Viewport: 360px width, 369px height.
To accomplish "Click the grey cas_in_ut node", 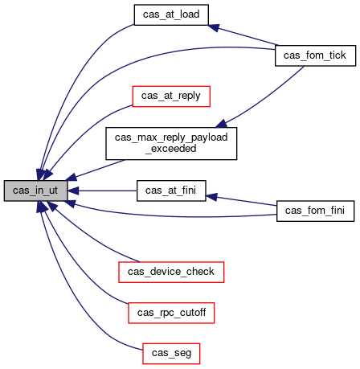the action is (x=35, y=191).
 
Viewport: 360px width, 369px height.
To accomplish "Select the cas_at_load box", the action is (x=171, y=14).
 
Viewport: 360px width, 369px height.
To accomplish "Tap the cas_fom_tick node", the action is (x=315, y=55).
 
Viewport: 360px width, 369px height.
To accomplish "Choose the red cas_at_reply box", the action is (x=171, y=96).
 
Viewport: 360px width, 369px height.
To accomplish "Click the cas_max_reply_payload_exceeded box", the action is (x=171, y=144).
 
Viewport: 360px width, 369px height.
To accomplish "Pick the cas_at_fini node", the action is (x=171, y=191).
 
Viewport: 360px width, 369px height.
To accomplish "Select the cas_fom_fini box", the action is (x=315, y=211).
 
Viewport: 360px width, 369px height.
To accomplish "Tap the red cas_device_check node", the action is (x=171, y=272).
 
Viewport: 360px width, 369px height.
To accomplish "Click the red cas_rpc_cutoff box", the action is (x=171, y=313).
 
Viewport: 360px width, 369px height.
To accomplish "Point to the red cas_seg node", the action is (x=171, y=354).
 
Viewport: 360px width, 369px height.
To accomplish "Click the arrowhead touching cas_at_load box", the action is (x=214, y=27).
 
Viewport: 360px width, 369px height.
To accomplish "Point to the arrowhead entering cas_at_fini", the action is (x=211, y=197).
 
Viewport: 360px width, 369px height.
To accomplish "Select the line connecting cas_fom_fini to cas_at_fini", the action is (x=241, y=201).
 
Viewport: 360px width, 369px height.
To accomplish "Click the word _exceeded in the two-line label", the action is (x=171, y=149).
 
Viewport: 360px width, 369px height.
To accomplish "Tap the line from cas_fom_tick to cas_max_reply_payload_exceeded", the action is (x=265, y=97).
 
